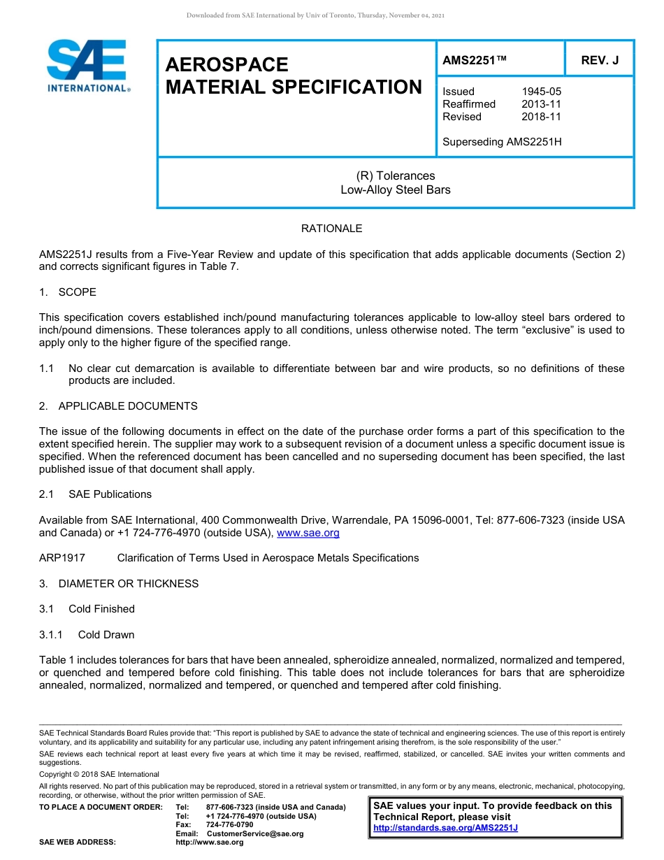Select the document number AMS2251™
tap(474, 60)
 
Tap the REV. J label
tap(600, 60)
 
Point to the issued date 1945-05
tap(541, 92)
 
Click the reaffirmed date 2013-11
tap(541, 104)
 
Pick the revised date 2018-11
tap(541, 117)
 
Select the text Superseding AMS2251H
tap(502, 142)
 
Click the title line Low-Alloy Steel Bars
tap(396, 189)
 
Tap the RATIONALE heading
tap(331, 229)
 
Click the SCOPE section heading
tap(77, 292)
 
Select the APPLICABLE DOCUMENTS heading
tap(127, 406)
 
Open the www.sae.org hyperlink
tap(308, 533)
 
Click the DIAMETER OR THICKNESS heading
tap(128, 583)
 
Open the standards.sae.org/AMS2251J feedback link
tap(445, 828)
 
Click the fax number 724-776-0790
tap(230, 825)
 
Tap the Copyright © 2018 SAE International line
tap(99, 774)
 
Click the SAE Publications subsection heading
tap(110, 494)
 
